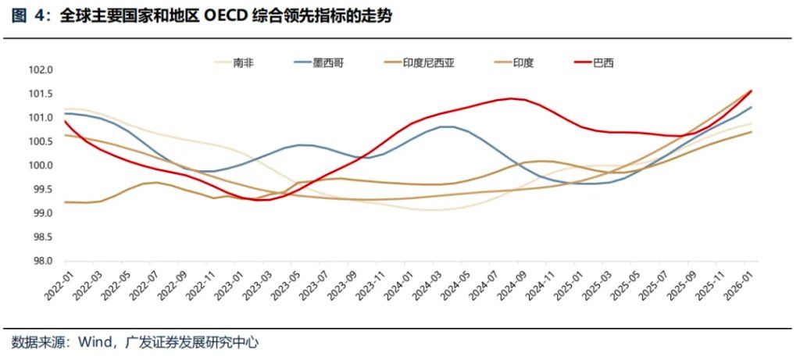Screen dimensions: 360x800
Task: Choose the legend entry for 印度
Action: (x=523, y=62)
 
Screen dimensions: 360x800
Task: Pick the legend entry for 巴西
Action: (x=603, y=62)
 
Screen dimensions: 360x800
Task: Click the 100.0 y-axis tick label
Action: (x=40, y=166)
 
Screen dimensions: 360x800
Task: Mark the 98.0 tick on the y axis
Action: (x=40, y=262)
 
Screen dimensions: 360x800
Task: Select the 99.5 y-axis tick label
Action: (x=40, y=190)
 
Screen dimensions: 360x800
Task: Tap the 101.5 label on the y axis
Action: (x=40, y=94)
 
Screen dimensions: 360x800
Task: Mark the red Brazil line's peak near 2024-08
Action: (x=511, y=98)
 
